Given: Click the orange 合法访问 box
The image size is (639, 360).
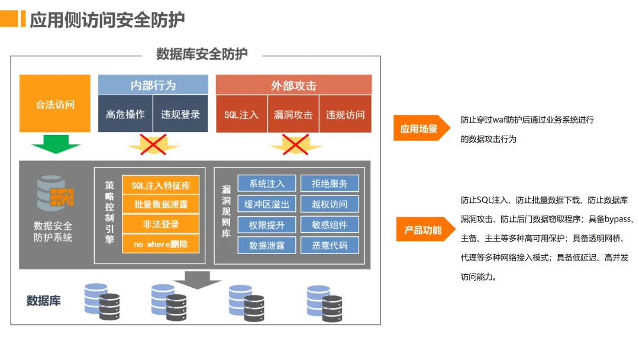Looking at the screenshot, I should [x=55, y=104].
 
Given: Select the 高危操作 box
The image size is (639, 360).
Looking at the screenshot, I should [x=125, y=114].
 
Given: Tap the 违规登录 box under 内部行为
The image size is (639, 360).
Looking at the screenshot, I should [x=180, y=114].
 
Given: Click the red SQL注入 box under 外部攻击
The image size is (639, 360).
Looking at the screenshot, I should [x=241, y=114].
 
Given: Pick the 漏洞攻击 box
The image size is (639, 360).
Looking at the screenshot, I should [x=293, y=114].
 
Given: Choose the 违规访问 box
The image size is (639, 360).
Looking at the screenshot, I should [x=345, y=114].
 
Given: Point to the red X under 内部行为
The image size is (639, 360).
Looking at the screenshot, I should [x=153, y=144].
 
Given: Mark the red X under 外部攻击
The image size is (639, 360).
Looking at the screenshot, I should [x=295, y=144].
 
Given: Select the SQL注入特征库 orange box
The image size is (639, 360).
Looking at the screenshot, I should [x=160, y=185].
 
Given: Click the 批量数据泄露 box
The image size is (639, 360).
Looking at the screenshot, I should [x=160, y=205].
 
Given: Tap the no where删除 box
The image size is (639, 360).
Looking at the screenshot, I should [x=160, y=243].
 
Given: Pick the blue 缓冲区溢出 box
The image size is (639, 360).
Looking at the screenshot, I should [x=267, y=204].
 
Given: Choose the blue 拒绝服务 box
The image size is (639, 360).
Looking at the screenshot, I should [x=330, y=184].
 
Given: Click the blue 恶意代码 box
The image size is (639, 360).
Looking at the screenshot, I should [x=330, y=245].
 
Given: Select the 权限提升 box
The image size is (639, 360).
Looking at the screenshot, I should [x=267, y=224].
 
